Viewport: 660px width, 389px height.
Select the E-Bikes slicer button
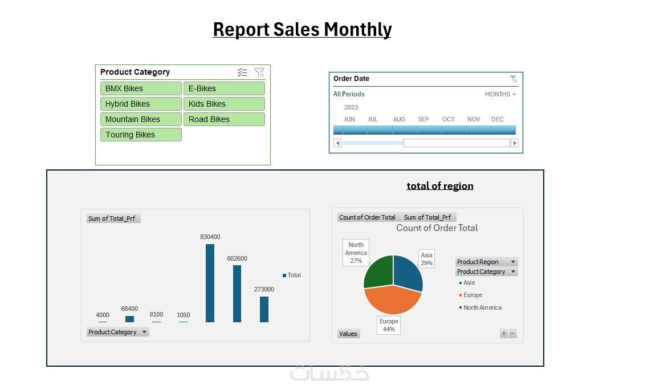pos(224,88)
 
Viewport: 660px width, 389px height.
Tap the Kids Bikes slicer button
pos(224,104)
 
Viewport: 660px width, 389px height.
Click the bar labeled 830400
pos(210,283)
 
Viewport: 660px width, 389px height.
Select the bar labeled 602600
pos(237,293)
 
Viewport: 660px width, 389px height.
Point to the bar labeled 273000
pos(264,309)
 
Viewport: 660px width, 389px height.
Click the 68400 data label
pos(129,309)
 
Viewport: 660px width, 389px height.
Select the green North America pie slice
pos(378,272)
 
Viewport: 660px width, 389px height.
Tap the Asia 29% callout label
pos(426,259)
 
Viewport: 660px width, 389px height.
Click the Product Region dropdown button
pos(513,262)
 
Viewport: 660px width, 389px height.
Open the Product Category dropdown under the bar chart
pos(144,332)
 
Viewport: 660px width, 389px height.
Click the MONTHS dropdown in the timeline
pos(500,94)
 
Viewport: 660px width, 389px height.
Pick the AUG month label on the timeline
pos(399,119)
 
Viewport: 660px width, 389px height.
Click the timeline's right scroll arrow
pos(515,143)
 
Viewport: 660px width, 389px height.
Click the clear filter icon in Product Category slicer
pos(259,72)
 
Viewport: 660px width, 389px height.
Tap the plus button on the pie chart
pos(504,334)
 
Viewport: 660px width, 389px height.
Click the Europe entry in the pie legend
pos(472,295)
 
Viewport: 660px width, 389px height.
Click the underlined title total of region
pos(439,186)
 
